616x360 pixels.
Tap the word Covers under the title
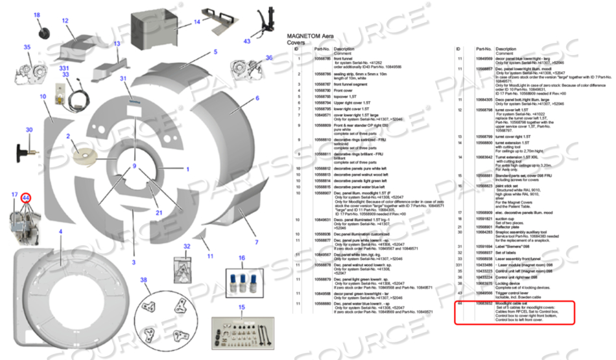coord(298,42)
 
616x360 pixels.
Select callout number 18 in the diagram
coord(36,15)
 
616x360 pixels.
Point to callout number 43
coord(247,41)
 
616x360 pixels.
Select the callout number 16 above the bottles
coord(241,258)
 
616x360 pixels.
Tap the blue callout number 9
coord(135,167)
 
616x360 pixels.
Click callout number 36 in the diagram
coord(269,57)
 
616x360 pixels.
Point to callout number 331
coord(64,67)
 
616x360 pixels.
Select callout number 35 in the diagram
coord(27,47)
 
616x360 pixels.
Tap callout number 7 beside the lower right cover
coord(256,242)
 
